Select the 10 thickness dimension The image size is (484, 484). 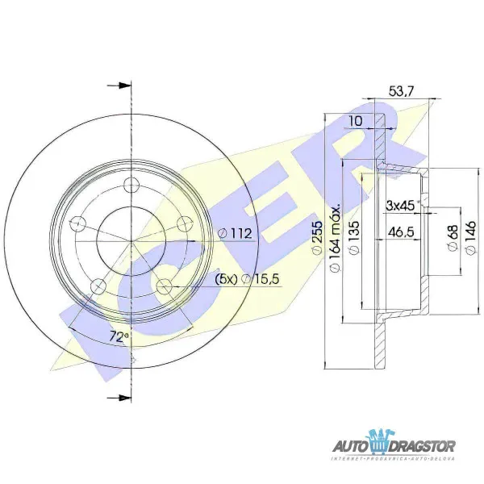click(355, 121)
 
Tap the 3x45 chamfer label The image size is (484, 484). click(401, 205)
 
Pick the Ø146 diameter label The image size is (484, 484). click(469, 240)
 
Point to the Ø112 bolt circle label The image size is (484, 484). click(236, 234)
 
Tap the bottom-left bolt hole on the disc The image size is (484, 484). click(98, 284)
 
